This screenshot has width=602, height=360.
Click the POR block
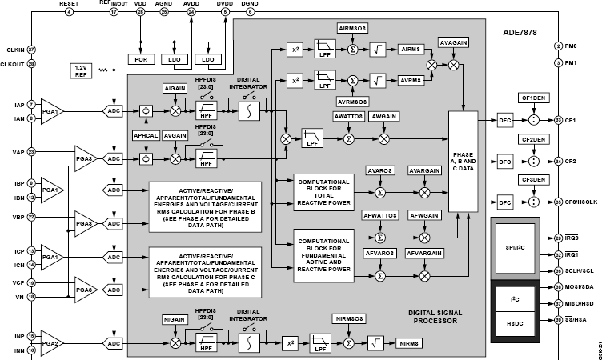pos(140,58)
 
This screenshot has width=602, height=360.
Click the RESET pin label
pos(69,4)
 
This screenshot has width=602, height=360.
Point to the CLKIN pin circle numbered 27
pos(31,50)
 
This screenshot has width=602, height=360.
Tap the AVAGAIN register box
pos(454,41)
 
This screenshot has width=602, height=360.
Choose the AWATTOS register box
pos(348,117)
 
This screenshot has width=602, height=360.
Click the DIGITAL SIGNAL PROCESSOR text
pos(430,317)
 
